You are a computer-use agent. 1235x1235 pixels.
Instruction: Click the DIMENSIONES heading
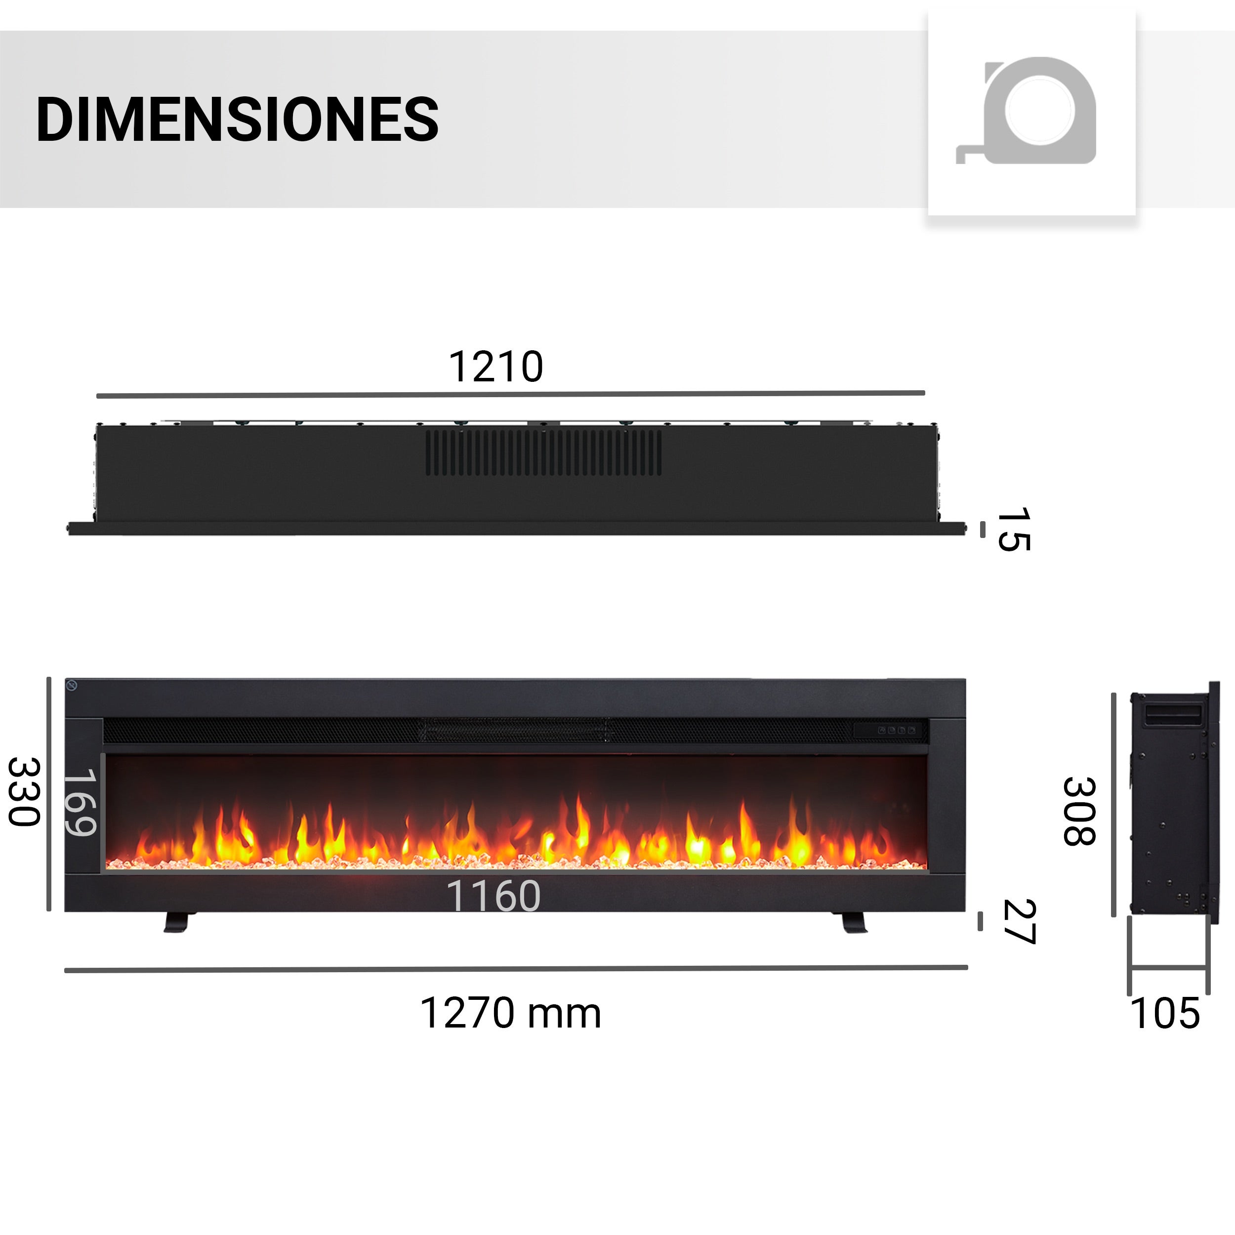click(x=237, y=120)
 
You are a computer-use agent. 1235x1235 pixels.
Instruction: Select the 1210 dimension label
click(x=495, y=367)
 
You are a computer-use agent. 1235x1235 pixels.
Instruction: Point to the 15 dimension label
click(x=1014, y=529)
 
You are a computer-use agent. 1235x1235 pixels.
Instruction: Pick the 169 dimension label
click(x=81, y=802)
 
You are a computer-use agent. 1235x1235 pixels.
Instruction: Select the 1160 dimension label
click(x=493, y=896)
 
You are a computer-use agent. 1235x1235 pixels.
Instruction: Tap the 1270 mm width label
click(x=510, y=1013)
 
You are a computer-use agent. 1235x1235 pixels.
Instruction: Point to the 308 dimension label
click(x=1079, y=811)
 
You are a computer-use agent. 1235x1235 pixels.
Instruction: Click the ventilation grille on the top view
click(x=544, y=453)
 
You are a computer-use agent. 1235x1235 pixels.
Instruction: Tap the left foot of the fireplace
click(x=177, y=922)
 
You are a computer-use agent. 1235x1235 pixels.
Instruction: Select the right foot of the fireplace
click(x=853, y=922)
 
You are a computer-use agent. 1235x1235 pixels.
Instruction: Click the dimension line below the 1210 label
click(x=510, y=394)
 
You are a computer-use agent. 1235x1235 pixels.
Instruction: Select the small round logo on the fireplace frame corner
click(x=72, y=686)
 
